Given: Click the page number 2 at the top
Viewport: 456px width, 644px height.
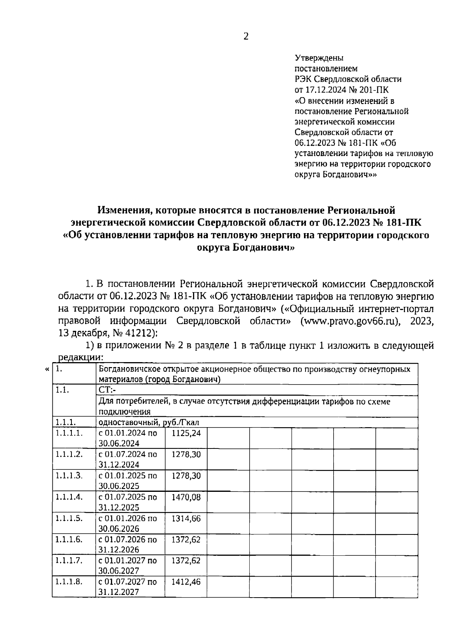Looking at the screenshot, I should coord(246,37).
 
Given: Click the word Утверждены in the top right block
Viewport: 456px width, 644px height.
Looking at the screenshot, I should coord(319,58).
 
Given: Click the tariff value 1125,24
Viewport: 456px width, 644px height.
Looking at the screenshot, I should coord(186,433).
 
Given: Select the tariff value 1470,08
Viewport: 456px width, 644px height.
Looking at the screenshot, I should coord(186,497).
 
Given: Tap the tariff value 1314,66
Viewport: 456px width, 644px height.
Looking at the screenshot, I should coord(186,518).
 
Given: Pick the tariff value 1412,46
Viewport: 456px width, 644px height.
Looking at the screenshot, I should coord(186,582).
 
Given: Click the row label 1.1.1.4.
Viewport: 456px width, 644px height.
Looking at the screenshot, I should coord(69,497).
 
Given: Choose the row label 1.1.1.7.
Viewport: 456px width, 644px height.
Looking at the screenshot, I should coord(69,560).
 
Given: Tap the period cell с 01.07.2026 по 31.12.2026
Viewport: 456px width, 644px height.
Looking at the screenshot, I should coord(128,544).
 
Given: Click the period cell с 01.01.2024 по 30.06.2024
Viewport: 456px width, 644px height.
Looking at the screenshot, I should coord(128,438).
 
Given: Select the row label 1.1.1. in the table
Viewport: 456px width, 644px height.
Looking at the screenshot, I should coord(66,423).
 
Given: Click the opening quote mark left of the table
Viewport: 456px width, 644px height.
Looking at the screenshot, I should coord(47,369).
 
